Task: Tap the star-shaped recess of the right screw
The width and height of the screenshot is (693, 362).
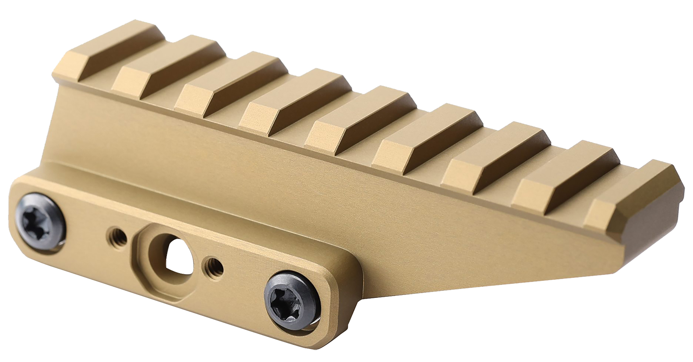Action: [x=287, y=301]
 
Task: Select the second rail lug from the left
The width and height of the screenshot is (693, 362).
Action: [x=168, y=67]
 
